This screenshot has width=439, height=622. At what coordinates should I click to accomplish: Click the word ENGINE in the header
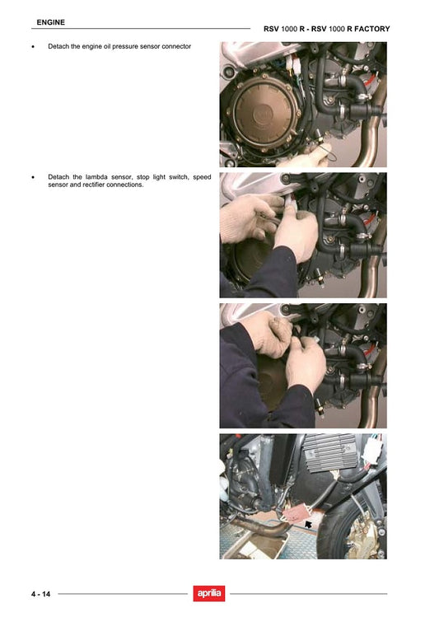click(52, 21)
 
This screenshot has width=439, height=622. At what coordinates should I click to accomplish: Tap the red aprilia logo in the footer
click(209, 593)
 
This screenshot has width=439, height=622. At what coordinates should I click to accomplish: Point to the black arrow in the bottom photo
click(309, 523)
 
